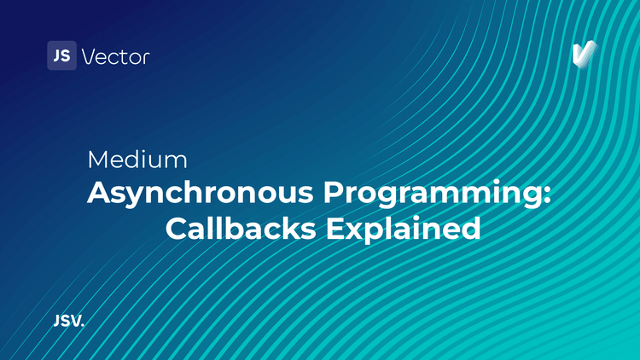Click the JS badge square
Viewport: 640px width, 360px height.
61,56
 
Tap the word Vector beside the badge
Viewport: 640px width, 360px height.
115,57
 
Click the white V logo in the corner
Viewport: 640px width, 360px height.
584,54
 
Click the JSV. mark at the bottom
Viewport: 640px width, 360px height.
68,322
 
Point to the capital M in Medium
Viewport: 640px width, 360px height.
97,160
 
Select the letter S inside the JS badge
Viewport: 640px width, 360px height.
66,56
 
